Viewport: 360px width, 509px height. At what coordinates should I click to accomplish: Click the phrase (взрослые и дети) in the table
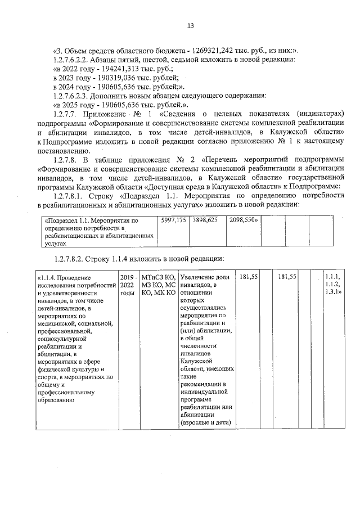(206, 422)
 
